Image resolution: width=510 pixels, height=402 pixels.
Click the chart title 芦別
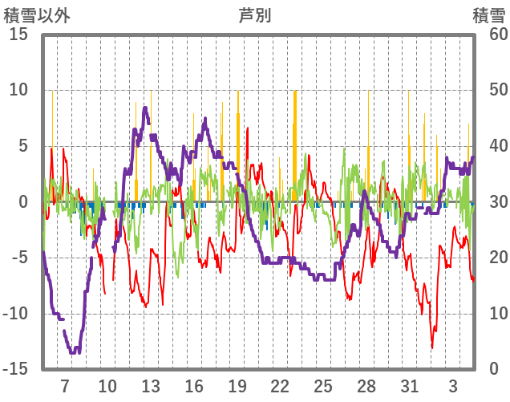(254, 15)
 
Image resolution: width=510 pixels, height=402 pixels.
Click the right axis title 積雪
(488, 15)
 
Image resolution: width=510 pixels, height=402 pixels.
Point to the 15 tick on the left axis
(18, 35)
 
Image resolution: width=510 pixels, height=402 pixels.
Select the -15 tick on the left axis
(15, 369)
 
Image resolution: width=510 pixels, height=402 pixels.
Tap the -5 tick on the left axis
(18, 258)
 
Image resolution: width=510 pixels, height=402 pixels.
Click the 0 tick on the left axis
(23, 202)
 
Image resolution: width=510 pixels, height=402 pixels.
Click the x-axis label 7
(65, 385)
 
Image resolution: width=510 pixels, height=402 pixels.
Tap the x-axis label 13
(151, 385)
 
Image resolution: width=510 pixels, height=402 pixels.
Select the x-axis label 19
(237, 385)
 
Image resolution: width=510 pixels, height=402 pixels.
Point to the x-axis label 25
(323, 385)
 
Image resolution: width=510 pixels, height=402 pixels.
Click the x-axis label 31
(410, 385)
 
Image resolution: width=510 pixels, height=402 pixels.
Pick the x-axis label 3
(453, 385)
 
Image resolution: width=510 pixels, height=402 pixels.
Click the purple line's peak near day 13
(145, 108)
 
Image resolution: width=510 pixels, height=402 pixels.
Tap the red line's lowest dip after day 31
(432, 347)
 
